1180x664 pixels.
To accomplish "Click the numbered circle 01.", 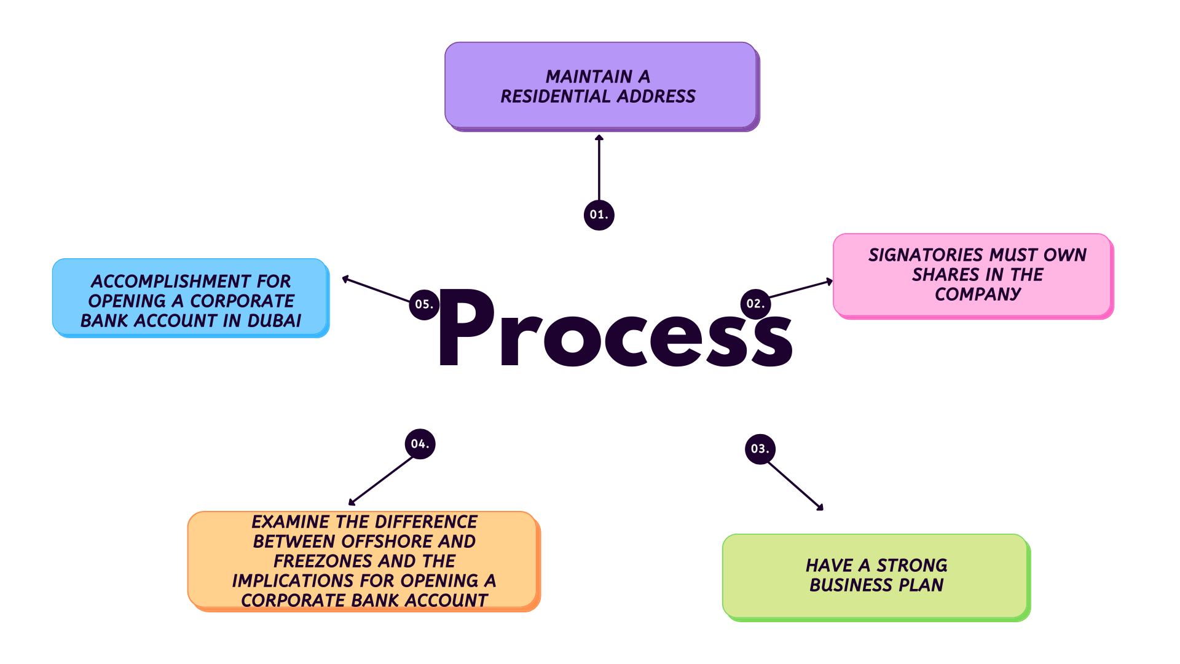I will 599,215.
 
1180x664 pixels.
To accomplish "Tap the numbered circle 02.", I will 755,304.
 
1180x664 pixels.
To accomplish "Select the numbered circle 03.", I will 760,449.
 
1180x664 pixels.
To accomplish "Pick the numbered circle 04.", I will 420,444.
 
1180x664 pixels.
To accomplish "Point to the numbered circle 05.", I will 424,304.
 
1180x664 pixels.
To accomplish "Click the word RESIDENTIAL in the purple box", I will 556,97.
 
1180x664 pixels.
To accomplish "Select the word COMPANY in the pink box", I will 977,294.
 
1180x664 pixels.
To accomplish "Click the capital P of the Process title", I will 466,327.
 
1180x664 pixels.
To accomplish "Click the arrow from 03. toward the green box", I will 795,486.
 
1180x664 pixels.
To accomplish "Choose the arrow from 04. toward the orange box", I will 381,481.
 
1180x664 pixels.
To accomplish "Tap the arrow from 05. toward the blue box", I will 376,290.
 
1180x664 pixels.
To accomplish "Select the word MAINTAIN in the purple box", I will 589,77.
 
